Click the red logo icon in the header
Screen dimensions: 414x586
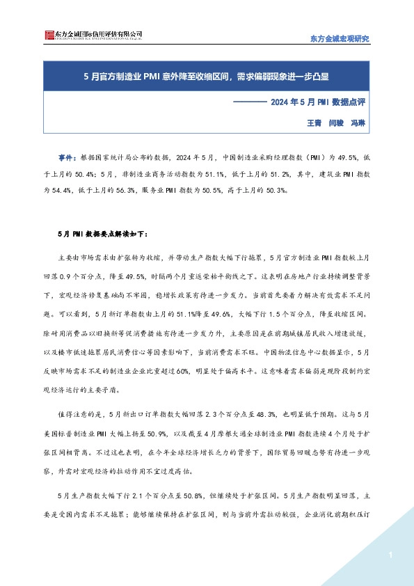(48, 35)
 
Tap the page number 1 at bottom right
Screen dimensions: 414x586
(391, 555)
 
